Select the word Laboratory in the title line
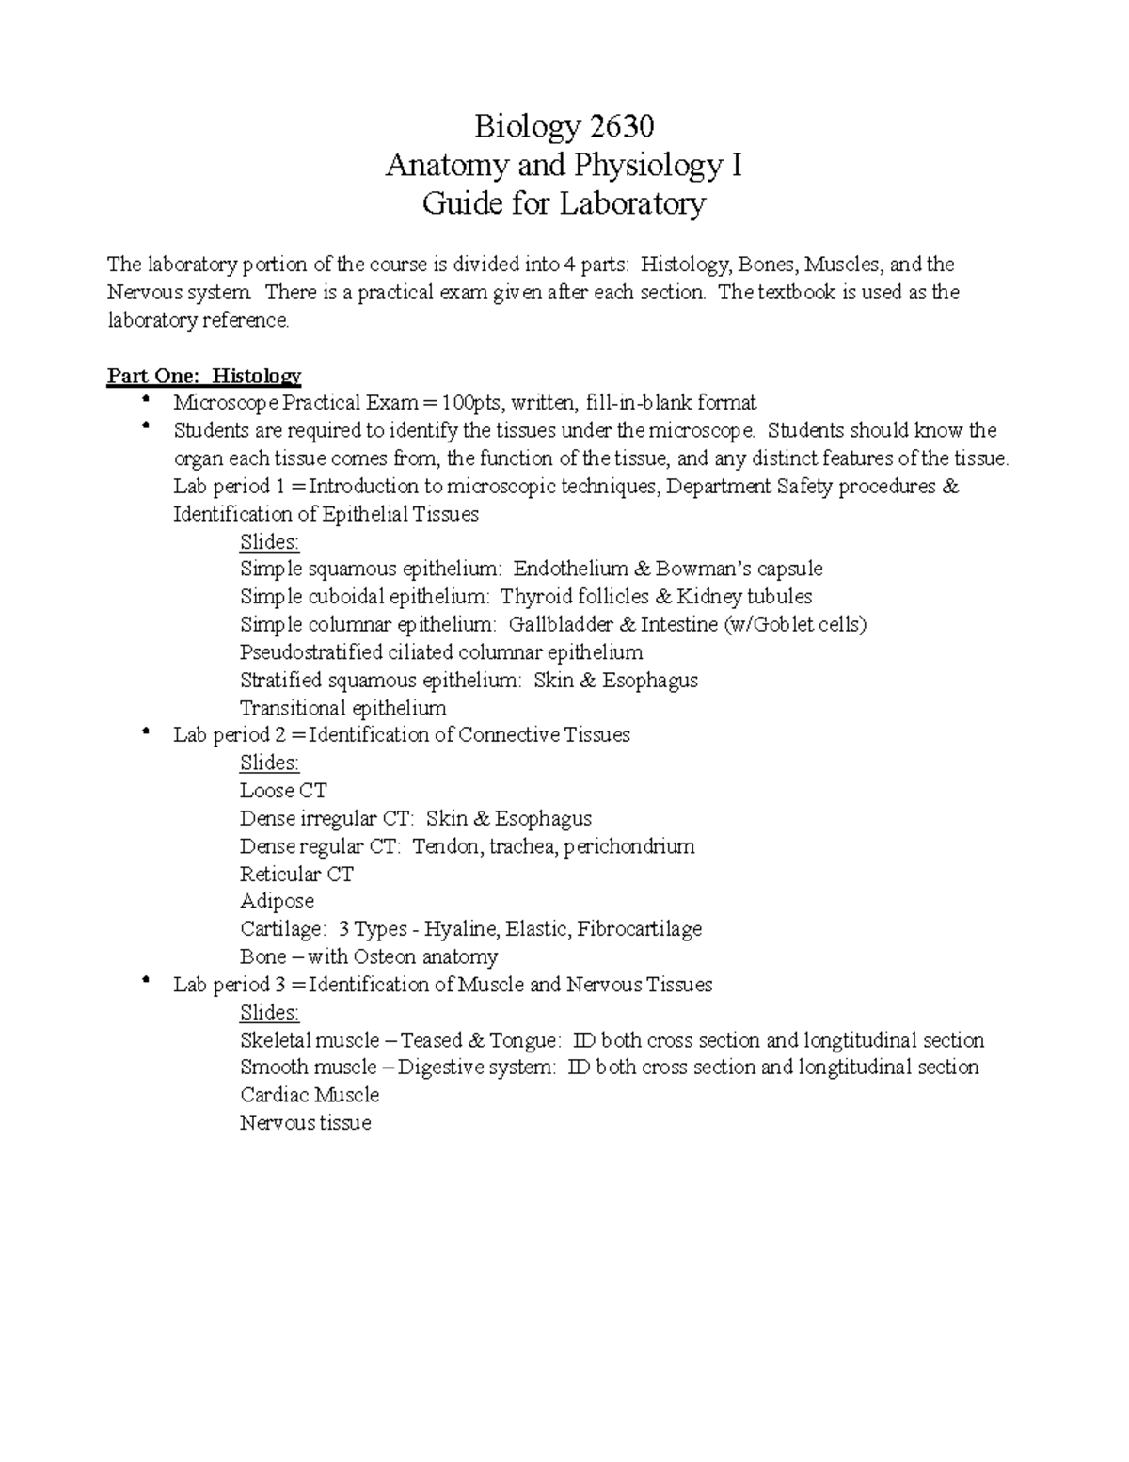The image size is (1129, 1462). click(x=632, y=204)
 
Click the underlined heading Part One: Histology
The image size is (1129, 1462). click(x=204, y=377)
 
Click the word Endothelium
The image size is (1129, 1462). click(x=570, y=570)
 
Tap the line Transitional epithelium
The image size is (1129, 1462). click(x=342, y=708)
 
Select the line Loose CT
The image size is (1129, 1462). click(x=283, y=791)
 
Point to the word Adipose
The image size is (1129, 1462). click(x=277, y=902)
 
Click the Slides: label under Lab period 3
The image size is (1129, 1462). click(x=269, y=1013)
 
